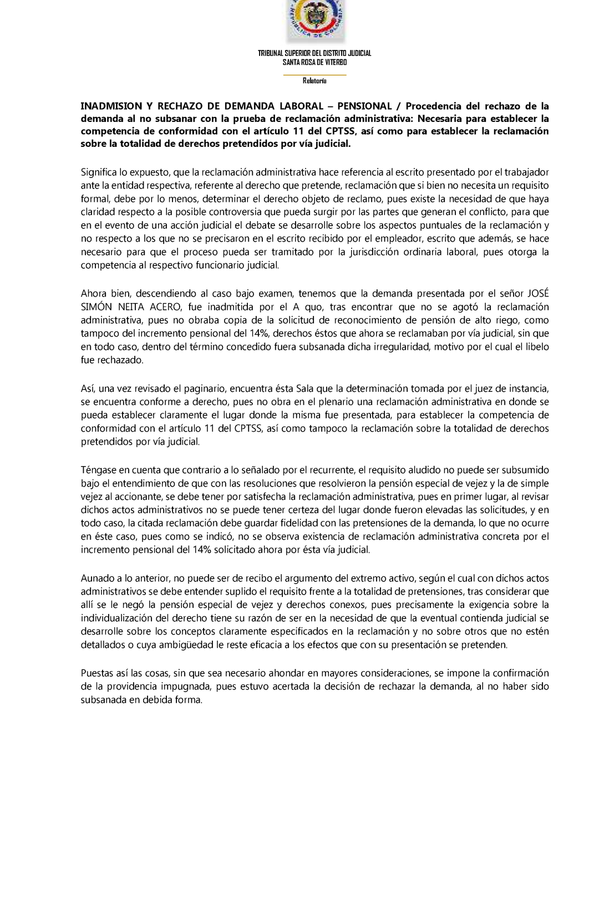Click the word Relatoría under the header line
[314, 81]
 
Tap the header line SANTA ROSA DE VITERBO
[314, 62]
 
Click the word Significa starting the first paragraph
[100, 172]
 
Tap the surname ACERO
[165, 307]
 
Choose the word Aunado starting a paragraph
[97, 578]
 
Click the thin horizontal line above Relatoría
[314, 74]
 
